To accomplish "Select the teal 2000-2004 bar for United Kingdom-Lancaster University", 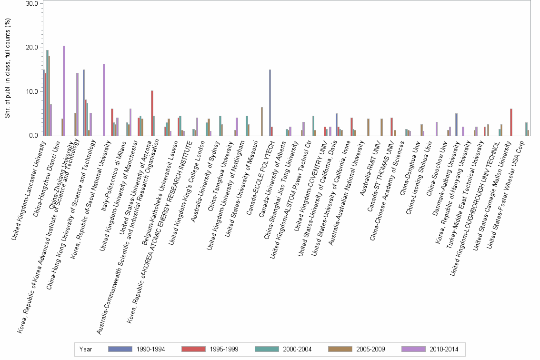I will [x=47, y=93].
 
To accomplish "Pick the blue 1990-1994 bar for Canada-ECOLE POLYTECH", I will [x=270, y=102].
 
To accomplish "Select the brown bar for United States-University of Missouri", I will [x=262, y=121].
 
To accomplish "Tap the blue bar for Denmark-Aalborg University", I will [x=456, y=124].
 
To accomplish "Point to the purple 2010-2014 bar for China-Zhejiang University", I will [x=78, y=104].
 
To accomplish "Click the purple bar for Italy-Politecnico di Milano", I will [x=130, y=122].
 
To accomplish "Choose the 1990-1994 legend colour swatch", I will [x=120, y=349].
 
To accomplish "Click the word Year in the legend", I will [x=86, y=349].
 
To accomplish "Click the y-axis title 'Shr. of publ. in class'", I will [x=7, y=69].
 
